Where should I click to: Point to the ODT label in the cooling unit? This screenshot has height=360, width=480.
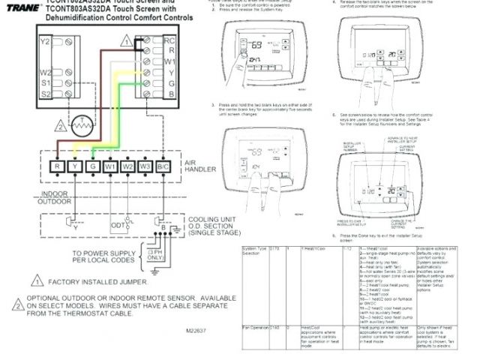[118, 224]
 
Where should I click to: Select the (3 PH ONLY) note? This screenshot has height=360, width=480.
[155, 254]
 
